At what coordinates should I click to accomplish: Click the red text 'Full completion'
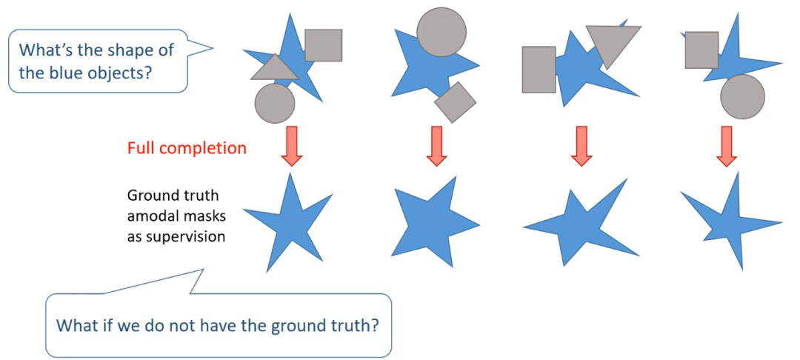pos(187,148)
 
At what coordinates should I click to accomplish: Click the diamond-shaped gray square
pos(454,101)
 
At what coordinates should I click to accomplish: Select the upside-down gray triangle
pos(613,42)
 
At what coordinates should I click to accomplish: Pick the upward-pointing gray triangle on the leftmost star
pos(274,68)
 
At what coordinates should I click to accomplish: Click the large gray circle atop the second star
pos(441,32)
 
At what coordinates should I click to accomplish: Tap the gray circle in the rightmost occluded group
pos(742,97)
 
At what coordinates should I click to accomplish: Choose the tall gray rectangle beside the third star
pos(539,70)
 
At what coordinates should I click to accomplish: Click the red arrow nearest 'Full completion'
pos(292,146)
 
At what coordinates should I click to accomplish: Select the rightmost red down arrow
pos(726,146)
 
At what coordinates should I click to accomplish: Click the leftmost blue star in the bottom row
pos(290,222)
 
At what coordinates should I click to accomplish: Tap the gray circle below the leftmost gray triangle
pos(275,103)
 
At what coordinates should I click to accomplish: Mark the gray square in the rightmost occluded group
pos(701,50)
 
